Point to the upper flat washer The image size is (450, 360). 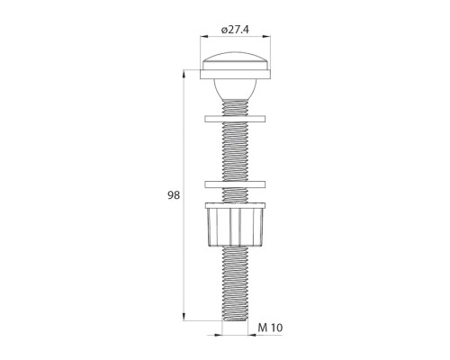click(237, 119)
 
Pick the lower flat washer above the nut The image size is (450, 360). click(237, 184)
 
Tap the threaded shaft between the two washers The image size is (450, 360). click(237, 151)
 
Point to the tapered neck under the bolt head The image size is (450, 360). click(237, 90)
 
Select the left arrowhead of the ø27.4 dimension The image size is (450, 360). click(203, 38)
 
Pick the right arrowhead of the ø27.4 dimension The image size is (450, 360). click(271, 38)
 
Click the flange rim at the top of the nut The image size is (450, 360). click(237, 206)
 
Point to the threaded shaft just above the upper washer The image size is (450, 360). click(237, 108)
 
